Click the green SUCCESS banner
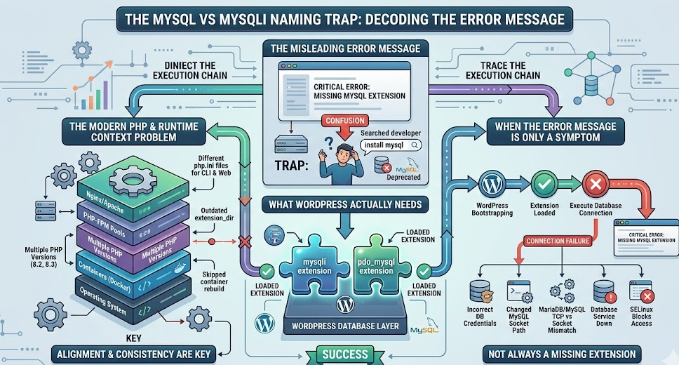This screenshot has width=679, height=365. tap(346, 353)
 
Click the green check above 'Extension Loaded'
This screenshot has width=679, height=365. tap(544, 185)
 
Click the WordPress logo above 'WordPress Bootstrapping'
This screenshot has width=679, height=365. tap(490, 185)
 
